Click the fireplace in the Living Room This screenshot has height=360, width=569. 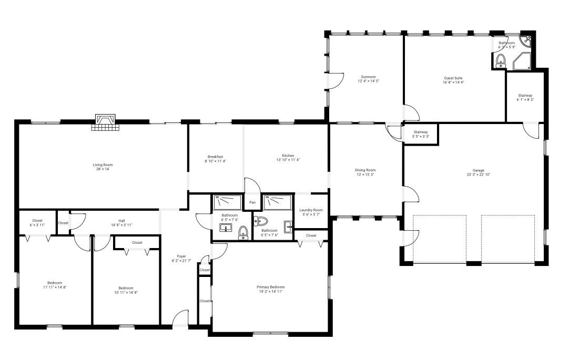(105, 122)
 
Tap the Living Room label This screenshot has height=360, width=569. (103, 167)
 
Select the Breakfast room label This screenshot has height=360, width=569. (216, 159)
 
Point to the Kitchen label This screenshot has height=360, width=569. (288, 158)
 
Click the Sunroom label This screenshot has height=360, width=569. (368, 79)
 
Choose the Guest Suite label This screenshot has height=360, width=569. (453, 80)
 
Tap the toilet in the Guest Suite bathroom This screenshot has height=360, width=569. (501, 60)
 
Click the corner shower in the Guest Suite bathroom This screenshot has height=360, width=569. (522, 61)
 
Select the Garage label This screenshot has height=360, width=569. (478, 172)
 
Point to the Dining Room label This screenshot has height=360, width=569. (365, 172)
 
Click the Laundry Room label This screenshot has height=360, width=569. (311, 212)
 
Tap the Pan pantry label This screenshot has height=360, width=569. (252, 202)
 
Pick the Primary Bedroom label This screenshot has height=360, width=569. (271, 289)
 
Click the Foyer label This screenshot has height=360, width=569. (181, 259)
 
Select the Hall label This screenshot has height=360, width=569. (121, 223)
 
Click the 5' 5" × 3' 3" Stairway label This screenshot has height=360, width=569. (421, 134)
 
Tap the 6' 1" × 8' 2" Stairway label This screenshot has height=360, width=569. (525, 98)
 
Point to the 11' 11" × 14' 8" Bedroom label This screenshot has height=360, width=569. (55, 285)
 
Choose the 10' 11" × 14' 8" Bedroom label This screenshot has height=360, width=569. (126, 290)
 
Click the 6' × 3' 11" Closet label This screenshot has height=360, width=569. (37, 223)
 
